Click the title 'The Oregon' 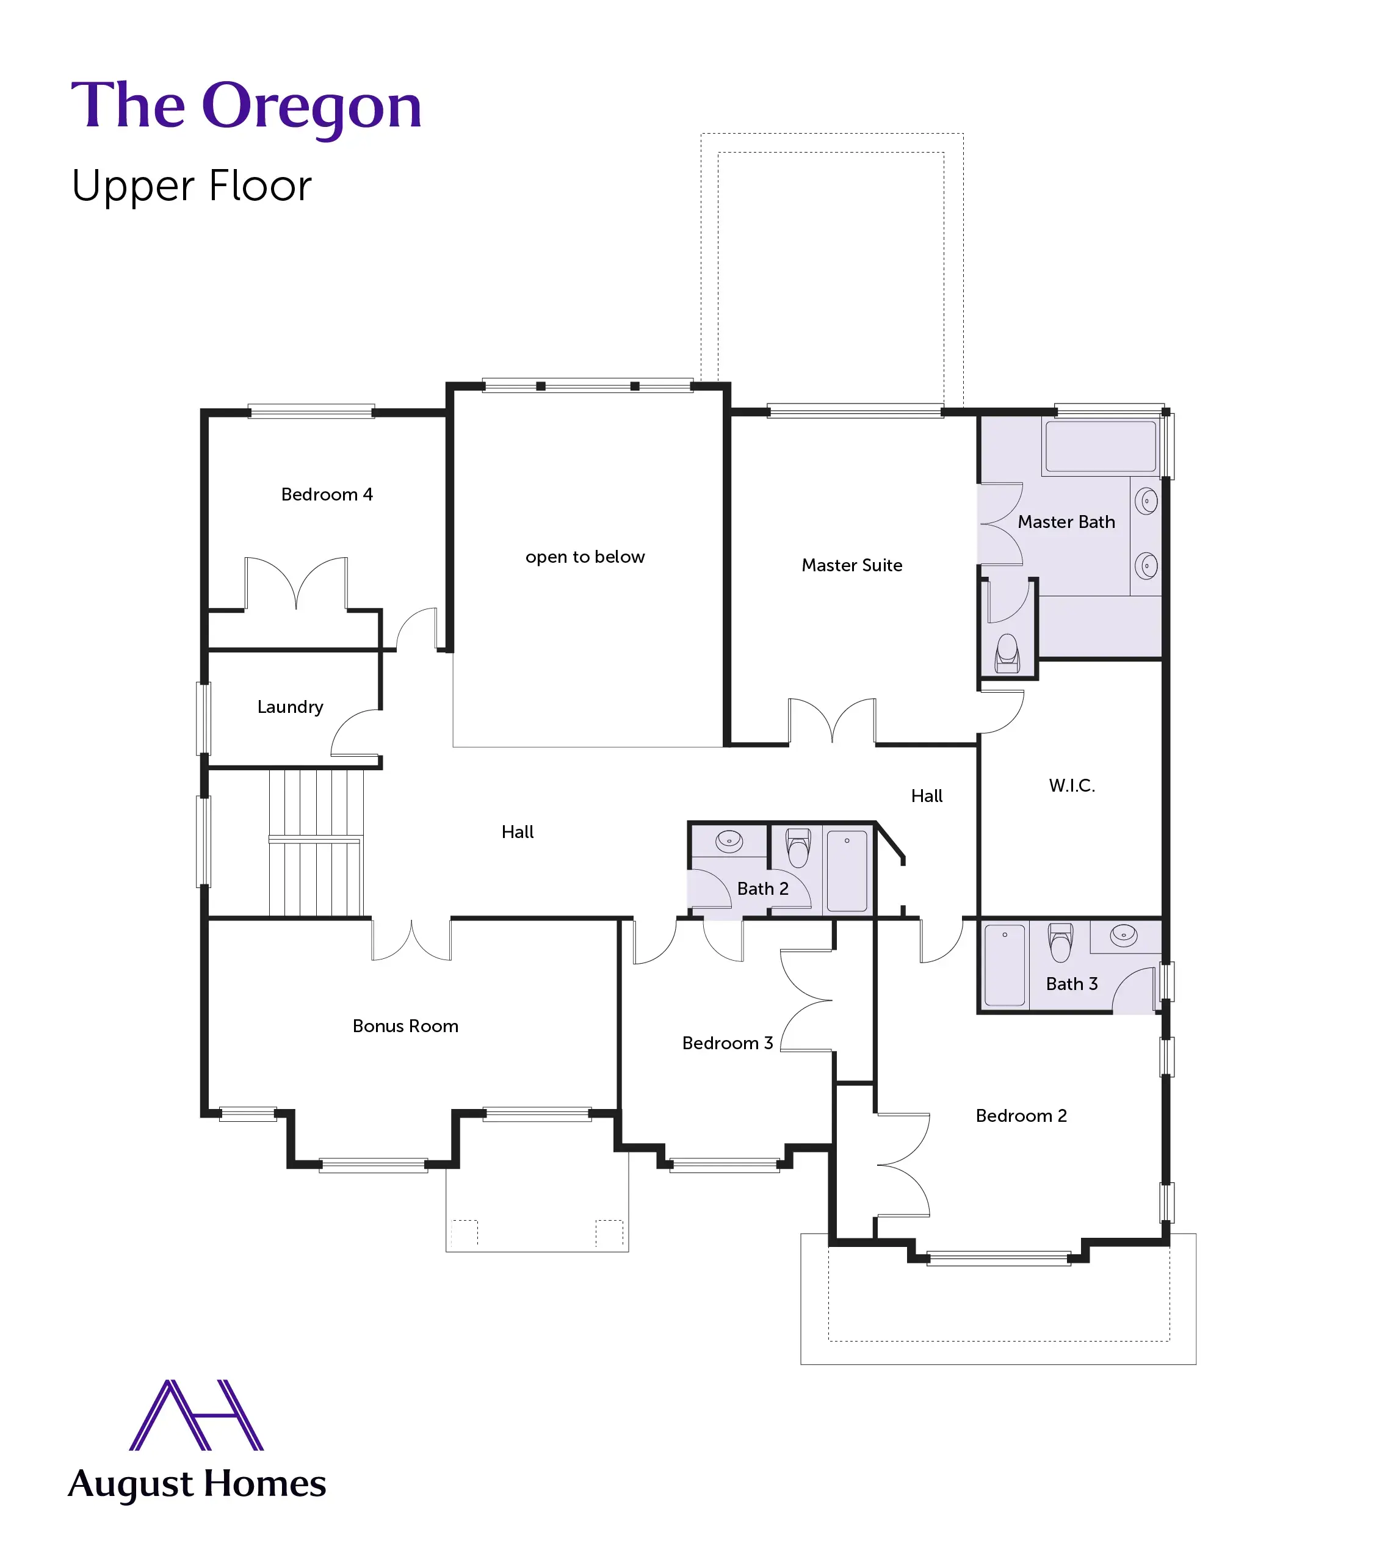point(246,106)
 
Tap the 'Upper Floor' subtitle point(192,186)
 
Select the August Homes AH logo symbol point(197,1415)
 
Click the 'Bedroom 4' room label point(327,494)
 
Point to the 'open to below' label point(585,557)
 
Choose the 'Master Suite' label point(852,565)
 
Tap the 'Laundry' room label point(290,707)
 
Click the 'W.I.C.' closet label point(1072,785)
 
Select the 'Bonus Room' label point(405,1026)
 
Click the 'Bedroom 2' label point(1021,1116)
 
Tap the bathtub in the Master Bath point(1101,446)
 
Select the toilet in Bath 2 point(798,847)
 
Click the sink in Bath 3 point(1123,936)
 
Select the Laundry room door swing point(355,733)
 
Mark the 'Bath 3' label point(1072,984)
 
